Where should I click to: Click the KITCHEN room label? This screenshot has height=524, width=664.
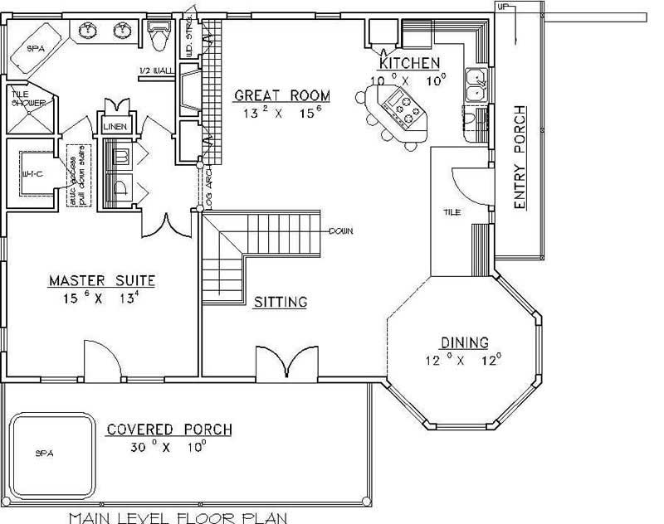point(409,64)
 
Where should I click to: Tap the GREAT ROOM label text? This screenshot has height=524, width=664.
point(281,95)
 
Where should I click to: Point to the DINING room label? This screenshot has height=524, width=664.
point(465,342)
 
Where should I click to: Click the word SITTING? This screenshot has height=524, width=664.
point(281,302)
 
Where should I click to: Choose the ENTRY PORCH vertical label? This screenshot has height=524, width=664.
point(520,158)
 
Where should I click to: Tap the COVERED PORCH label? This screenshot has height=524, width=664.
point(168,429)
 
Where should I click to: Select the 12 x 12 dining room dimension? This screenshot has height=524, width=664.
point(464,360)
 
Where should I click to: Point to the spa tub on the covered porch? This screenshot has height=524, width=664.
point(50,452)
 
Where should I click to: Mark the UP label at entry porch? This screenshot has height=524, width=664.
point(502,7)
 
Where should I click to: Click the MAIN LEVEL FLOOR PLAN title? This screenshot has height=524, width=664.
point(178,517)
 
